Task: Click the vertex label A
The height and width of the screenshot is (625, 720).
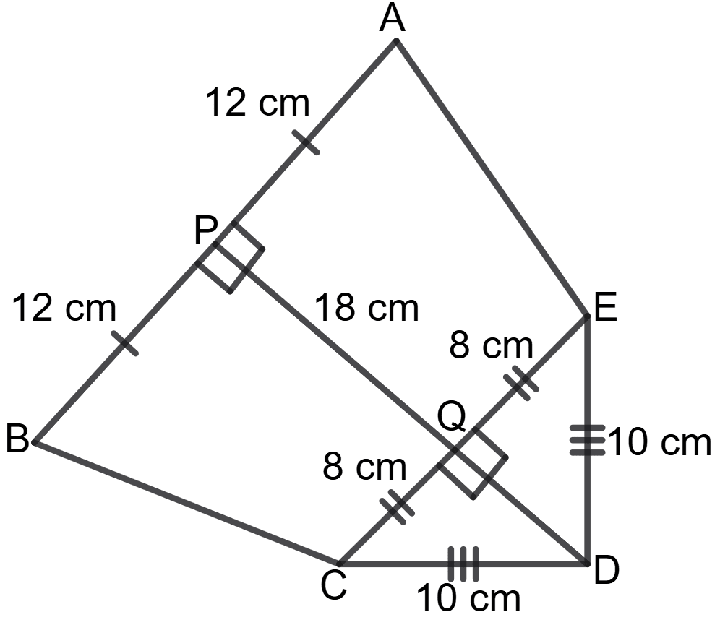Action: [393, 20]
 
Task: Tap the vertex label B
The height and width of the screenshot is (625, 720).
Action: [17, 440]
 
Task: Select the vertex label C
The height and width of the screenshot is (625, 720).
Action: [334, 587]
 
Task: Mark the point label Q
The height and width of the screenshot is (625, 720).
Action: [452, 418]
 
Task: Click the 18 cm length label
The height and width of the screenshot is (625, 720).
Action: [366, 309]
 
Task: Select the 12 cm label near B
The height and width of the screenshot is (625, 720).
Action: [64, 309]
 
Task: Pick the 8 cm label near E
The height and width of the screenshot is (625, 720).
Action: [491, 346]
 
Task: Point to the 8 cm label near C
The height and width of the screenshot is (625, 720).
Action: [365, 467]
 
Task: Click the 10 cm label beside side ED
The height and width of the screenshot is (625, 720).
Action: [660, 442]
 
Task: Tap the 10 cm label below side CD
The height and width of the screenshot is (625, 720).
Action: [468, 600]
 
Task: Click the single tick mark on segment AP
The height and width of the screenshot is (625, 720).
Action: [307, 144]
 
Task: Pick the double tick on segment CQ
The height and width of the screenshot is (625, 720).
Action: [398, 505]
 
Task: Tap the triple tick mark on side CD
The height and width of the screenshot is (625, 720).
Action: [463, 564]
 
